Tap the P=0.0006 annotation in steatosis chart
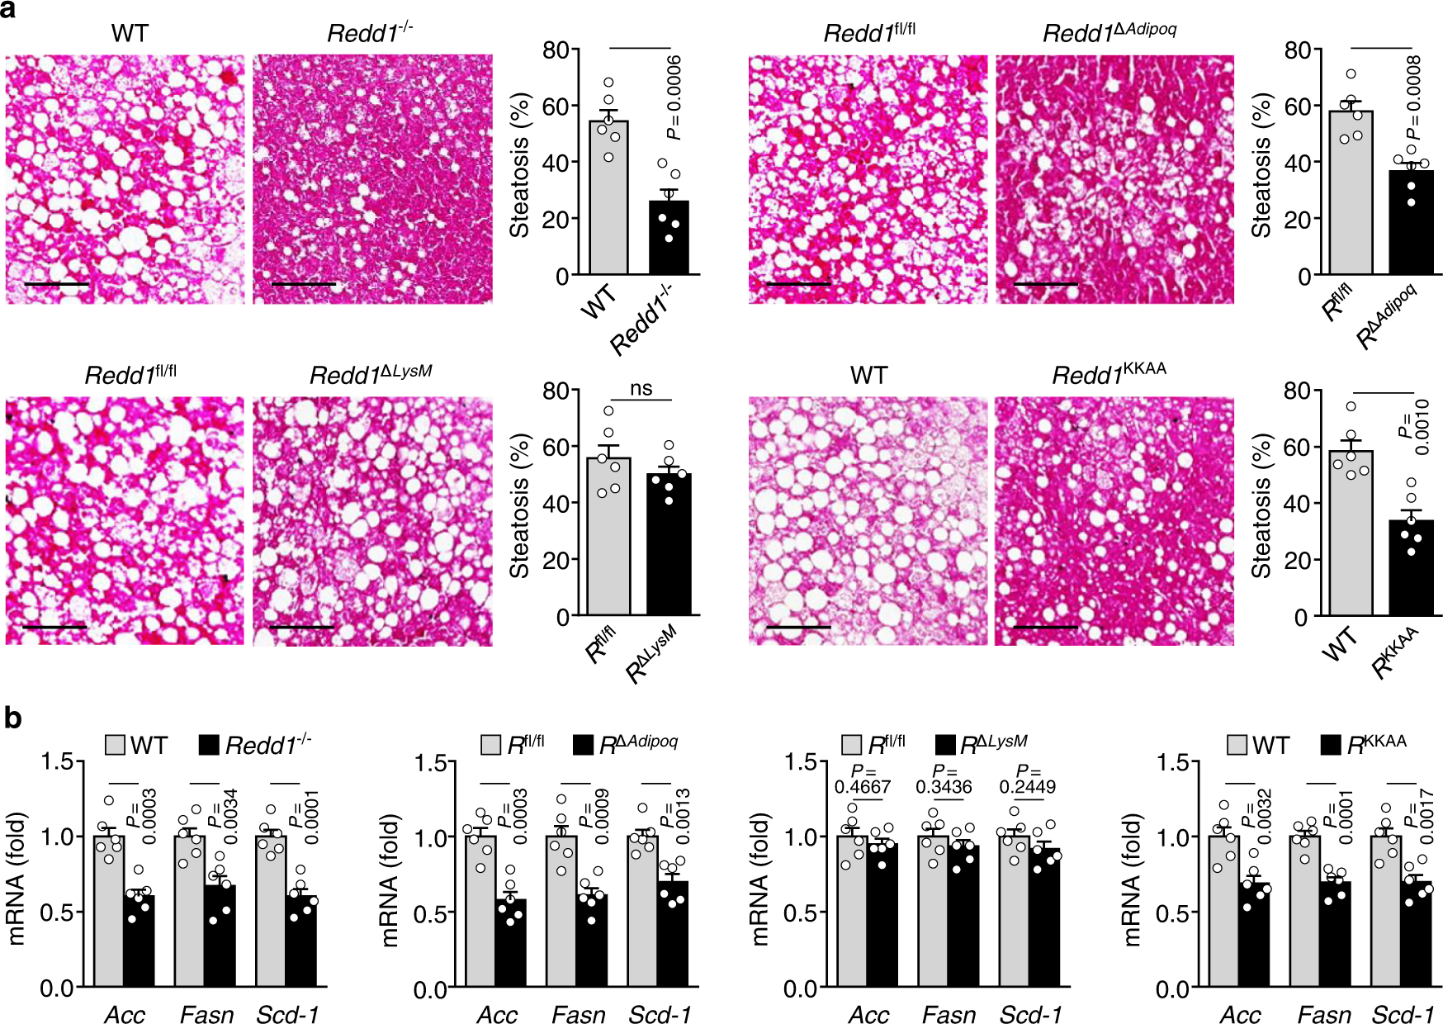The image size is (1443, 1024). [x=674, y=97]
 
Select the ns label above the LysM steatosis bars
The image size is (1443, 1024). [x=641, y=389]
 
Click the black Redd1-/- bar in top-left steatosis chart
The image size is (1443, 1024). [x=669, y=238]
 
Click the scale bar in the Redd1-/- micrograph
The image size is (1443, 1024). [x=303, y=284]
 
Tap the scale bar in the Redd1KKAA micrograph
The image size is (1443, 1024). [x=1044, y=628]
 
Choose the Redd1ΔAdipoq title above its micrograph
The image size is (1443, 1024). [x=1109, y=33]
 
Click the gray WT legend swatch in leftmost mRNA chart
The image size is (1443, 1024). [x=116, y=745]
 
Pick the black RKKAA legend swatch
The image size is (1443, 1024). [x=1330, y=745]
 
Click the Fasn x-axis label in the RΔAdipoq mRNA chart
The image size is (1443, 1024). [x=578, y=1014]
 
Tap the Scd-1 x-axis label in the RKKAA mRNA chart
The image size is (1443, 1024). [x=1403, y=1014]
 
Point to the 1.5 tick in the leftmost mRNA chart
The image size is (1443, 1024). [x=58, y=761]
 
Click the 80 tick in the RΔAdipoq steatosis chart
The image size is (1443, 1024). [x=1298, y=50]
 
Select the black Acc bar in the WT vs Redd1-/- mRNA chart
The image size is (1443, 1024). [x=139, y=941]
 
